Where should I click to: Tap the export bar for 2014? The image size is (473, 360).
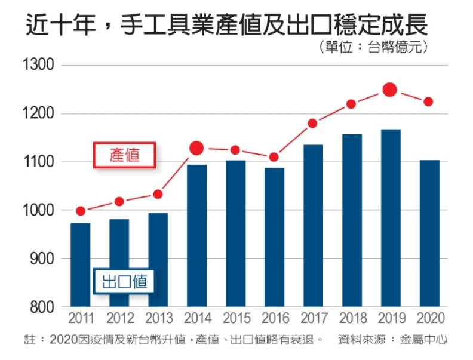click(x=196, y=235)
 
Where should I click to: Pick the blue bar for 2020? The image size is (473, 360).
click(x=429, y=233)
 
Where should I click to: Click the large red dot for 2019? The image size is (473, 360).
click(x=390, y=90)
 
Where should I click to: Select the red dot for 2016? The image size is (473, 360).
click(x=274, y=157)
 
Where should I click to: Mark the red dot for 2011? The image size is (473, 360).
click(x=81, y=211)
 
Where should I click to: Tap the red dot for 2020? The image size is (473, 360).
click(x=428, y=101)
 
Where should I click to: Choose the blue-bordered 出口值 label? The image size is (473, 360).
click(x=124, y=281)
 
